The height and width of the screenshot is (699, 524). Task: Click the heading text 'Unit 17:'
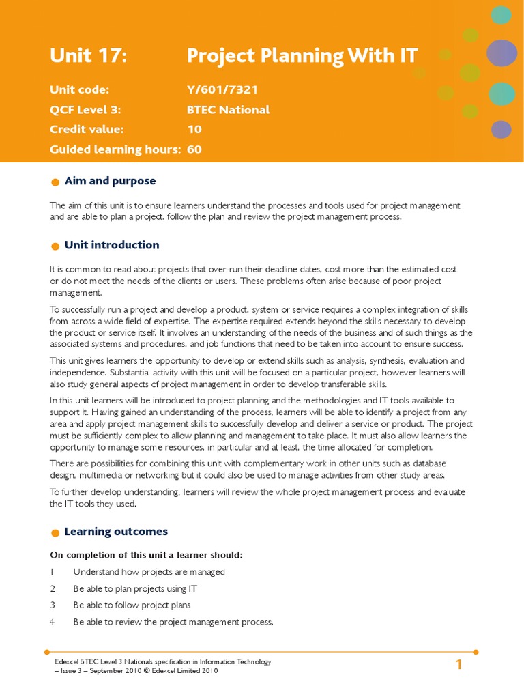89,57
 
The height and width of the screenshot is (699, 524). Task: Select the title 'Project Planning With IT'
302,57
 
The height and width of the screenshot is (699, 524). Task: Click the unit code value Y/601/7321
222,90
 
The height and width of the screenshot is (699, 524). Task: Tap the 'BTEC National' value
228,110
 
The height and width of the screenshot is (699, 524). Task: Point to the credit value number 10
194,130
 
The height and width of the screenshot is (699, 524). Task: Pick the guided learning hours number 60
194,149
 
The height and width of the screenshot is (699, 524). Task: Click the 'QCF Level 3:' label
85,110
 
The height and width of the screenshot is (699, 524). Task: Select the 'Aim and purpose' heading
110,181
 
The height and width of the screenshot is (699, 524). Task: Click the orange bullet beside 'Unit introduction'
55,246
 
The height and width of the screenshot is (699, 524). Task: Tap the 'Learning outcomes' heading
116,532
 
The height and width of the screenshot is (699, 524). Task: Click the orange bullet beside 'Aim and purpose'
55,182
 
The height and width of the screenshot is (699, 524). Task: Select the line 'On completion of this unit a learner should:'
146,554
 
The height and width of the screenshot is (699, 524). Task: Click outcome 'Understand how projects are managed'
149,572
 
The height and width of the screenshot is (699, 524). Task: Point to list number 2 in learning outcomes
53,588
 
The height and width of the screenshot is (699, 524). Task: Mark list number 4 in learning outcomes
53,622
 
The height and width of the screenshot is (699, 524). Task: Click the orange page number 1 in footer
459,665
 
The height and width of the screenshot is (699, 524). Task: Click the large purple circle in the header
502,53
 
